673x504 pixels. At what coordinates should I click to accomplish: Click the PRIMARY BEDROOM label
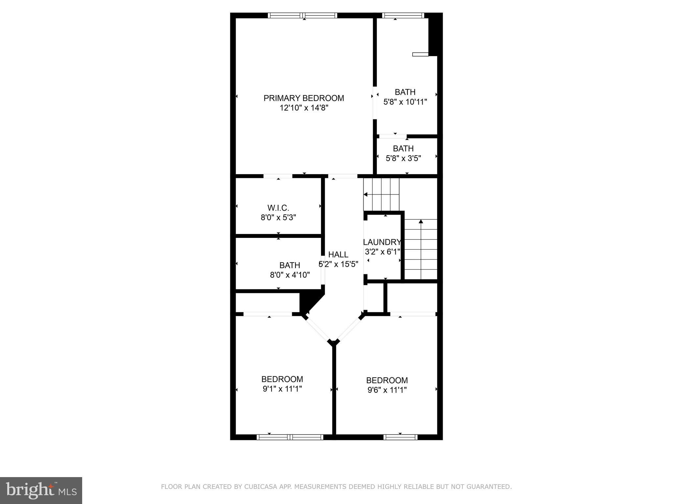coord(304,98)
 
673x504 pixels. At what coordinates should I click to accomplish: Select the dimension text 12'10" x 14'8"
coord(304,108)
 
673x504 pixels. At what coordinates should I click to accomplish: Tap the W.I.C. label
coord(278,208)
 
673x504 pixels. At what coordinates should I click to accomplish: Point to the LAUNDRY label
coord(382,242)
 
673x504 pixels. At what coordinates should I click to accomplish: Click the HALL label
coord(338,255)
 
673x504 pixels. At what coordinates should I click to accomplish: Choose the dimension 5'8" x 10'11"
coord(405,102)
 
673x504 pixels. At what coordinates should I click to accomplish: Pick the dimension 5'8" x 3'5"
coord(403,158)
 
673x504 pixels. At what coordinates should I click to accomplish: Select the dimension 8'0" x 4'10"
coord(290,275)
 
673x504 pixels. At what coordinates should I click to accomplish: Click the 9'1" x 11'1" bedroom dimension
coord(282,389)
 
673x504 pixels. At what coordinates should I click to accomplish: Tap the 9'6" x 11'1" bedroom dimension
coord(387,390)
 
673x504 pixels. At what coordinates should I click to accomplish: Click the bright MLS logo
coord(41,490)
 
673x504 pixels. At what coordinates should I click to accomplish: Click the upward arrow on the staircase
coord(421,221)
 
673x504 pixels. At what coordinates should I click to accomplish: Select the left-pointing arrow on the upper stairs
coord(365,195)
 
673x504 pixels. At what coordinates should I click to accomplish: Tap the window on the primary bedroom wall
coord(302,15)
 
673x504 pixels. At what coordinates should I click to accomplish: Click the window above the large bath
coord(403,15)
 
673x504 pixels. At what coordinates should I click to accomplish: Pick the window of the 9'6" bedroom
coord(400,437)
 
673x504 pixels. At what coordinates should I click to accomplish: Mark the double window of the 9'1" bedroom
coord(290,437)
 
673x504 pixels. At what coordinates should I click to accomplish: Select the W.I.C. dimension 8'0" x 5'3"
coord(278,218)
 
